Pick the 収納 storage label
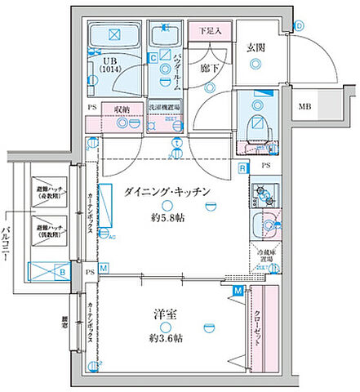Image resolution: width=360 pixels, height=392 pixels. [122, 108]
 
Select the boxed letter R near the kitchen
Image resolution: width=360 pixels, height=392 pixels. [243, 168]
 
